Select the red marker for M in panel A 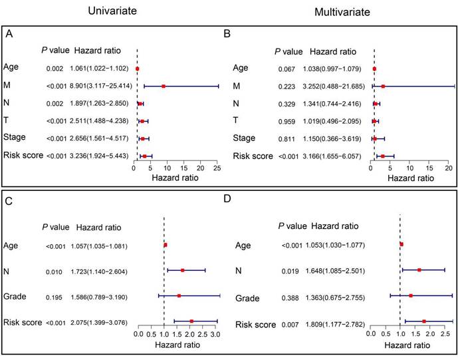pyautogui.click(x=164, y=86)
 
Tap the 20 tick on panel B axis pyautogui.click(x=449, y=170)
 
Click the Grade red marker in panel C pyautogui.click(x=179, y=295)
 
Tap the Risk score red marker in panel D pyautogui.click(x=423, y=321)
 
